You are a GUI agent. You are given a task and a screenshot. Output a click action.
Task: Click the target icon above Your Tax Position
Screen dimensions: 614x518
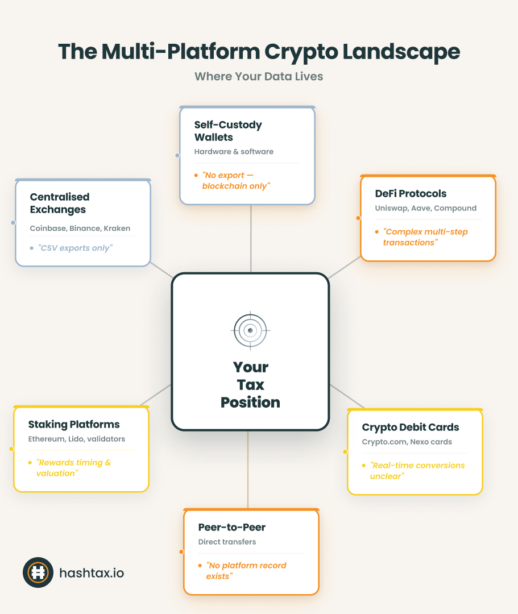pyautogui.click(x=250, y=330)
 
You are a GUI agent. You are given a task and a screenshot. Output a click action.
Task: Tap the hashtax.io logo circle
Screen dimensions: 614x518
pyautogui.click(x=38, y=572)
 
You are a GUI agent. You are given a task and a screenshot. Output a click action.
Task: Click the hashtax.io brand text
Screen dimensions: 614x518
pyautogui.click(x=92, y=572)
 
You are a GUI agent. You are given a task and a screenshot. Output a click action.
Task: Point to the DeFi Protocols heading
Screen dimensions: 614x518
pyautogui.click(x=411, y=194)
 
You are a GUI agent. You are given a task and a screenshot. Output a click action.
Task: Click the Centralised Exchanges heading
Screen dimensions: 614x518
pyautogui.click(x=59, y=203)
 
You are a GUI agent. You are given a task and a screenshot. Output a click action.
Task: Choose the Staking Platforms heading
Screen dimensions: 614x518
pyautogui.click(x=74, y=425)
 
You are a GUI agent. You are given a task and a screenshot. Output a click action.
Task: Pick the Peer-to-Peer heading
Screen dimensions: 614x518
pyautogui.click(x=231, y=527)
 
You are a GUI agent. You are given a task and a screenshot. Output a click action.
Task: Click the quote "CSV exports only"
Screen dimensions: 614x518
pyautogui.click(x=75, y=248)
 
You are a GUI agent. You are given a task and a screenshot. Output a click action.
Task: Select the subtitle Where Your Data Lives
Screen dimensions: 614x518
pyautogui.click(x=259, y=76)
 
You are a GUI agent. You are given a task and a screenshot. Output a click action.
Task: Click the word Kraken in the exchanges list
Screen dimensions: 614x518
pyautogui.click(x=117, y=229)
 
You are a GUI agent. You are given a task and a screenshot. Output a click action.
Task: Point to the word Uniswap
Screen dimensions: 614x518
pyautogui.click(x=391, y=208)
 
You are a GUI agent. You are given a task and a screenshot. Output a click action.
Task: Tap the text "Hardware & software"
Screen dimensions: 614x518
pyautogui.click(x=234, y=152)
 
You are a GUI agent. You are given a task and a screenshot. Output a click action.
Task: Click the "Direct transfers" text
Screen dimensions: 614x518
pyautogui.click(x=227, y=542)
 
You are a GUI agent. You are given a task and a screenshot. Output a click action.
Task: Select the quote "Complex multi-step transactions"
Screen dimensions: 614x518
pyautogui.click(x=425, y=237)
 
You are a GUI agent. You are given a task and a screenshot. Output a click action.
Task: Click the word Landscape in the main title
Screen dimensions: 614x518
pyautogui.click(x=400, y=52)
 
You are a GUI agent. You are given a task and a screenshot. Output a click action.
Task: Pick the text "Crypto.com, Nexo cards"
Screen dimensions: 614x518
pyautogui.click(x=407, y=442)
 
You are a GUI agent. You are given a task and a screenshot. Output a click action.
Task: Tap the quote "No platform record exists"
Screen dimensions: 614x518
pyautogui.click(x=246, y=571)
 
